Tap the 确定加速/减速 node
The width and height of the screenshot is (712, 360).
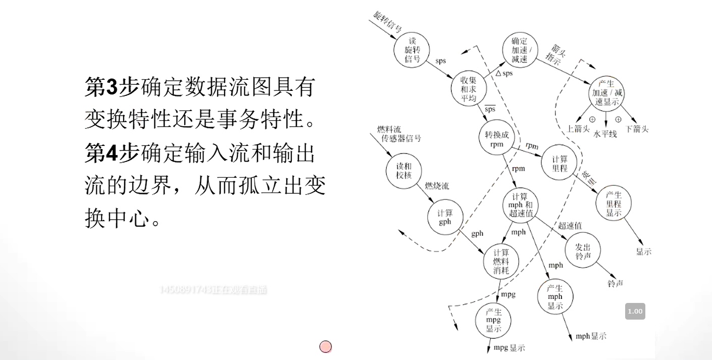coord(520,50)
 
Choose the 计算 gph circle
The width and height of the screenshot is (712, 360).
coord(445,218)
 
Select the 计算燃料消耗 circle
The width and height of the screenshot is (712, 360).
coord(501,262)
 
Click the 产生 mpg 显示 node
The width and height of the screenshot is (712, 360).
coord(493,320)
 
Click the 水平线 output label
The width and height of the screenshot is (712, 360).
coord(605,134)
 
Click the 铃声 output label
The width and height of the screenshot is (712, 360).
coord(615,284)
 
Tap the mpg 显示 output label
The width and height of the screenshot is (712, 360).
coord(509,348)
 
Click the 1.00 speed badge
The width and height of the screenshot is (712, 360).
coord(635,311)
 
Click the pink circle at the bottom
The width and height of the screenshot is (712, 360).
coord(326,347)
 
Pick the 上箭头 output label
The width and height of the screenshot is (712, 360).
coord(578,129)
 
